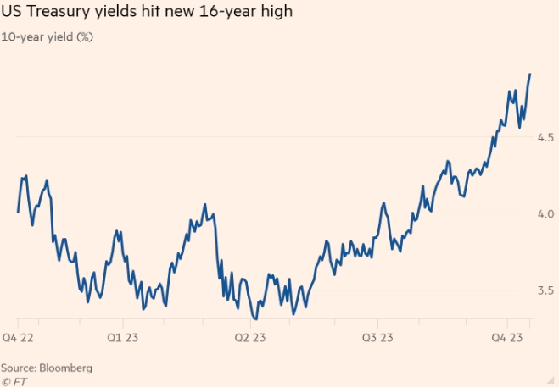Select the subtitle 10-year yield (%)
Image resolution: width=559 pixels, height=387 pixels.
pyautogui.click(x=47, y=37)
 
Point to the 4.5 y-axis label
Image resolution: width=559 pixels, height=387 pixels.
pyautogui.click(x=545, y=137)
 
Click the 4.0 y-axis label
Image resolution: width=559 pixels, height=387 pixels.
pyautogui.click(x=545, y=213)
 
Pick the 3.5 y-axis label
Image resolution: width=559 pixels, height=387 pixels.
pyautogui.click(x=545, y=290)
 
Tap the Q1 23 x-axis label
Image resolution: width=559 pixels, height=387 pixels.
pyautogui.click(x=123, y=336)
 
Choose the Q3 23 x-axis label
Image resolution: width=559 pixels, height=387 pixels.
pyautogui.click(x=378, y=336)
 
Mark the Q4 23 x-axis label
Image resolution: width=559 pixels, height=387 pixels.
pyautogui.click(x=507, y=336)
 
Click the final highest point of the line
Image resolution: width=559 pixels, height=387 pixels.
pyautogui.click(x=530, y=75)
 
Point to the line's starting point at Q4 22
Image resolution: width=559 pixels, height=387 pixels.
pyautogui.click(x=18, y=212)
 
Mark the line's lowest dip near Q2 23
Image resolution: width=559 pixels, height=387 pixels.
pyautogui.click(x=254, y=318)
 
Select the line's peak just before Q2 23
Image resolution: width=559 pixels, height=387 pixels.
pyautogui.click(x=205, y=205)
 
